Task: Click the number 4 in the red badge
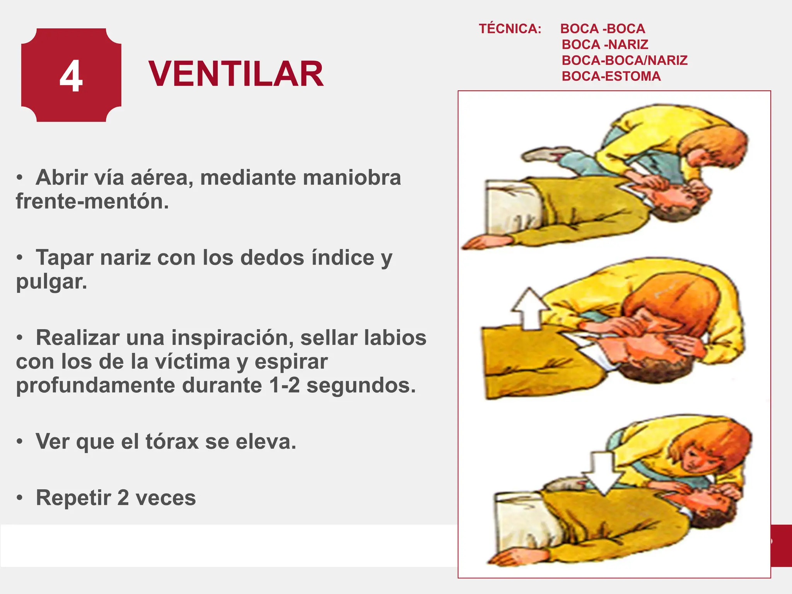[71, 76]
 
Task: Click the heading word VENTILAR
[236, 74]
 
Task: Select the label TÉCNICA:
[510, 29]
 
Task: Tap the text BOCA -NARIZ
[605, 44]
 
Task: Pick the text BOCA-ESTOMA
[611, 76]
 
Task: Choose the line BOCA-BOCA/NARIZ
[625, 60]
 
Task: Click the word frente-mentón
[92, 201]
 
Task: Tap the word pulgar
[51, 282]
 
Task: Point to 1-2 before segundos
[284, 386]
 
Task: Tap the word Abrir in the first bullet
[61, 178]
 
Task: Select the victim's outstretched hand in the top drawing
[480, 243]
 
